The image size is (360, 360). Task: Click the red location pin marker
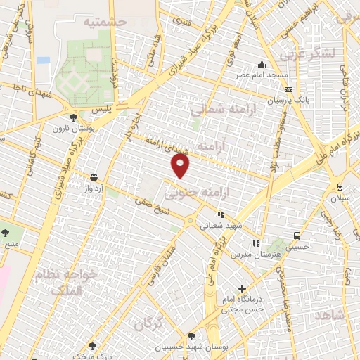pyautogui.click(x=181, y=166)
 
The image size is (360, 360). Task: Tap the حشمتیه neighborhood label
pyautogui.click(x=105, y=22)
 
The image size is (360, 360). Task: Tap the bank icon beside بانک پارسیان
pyautogui.click(x=288, y=90)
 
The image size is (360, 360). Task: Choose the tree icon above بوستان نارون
pyautogui.click(x=73, y=117)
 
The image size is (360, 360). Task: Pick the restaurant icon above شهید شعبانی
pyautogui.click(x=220, y=215)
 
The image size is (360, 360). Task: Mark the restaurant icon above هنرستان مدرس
pyautogui.click(x=256, y=243)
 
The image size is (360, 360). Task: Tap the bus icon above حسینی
pyautogui.click(x=297, y=236)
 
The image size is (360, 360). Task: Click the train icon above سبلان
pyautogui.click(x=340, y=187)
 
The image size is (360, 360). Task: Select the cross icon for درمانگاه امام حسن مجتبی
pyautogui.click(x=242, y=288)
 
